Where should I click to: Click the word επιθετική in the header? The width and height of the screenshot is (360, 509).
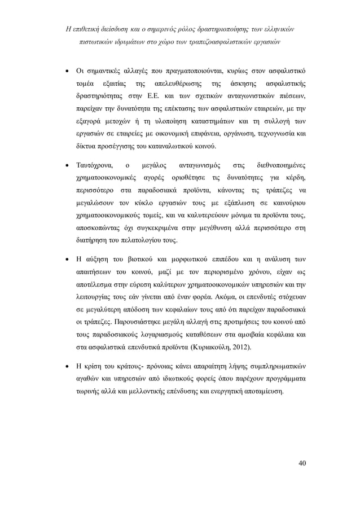pyautogui.click(x=89, y=29)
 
